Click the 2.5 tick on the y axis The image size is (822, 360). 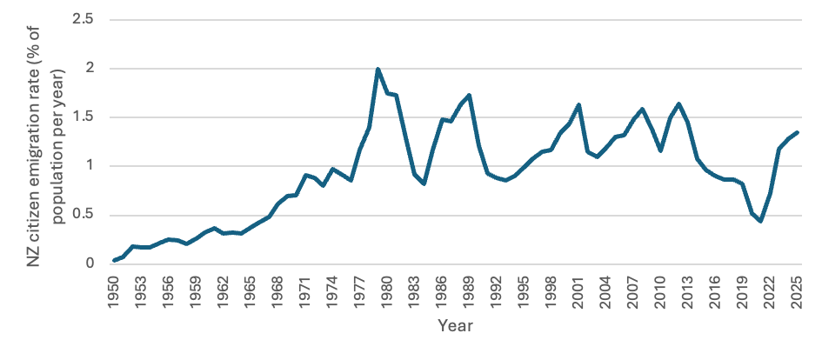84,19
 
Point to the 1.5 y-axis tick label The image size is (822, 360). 84,117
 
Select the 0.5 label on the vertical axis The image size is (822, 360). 84,216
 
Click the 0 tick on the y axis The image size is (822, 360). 90,264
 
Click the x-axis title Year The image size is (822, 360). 456,326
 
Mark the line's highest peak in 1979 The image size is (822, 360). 378,69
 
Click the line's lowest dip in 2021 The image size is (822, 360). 760,221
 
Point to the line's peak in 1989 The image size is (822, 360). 469,95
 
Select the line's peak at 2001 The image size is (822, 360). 578,104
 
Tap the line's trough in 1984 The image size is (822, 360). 423,184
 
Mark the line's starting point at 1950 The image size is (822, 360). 114,261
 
